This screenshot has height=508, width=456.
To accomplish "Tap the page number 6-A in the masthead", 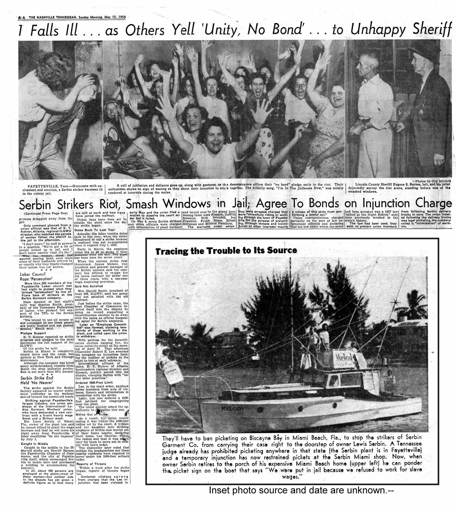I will [x=22, y=17].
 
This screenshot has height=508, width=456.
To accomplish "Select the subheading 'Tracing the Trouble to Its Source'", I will [x=226, y=251].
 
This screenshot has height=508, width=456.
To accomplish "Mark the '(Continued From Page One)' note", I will [x=42, y=214].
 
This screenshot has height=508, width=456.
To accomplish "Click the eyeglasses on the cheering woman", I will [x=300, y=85].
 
